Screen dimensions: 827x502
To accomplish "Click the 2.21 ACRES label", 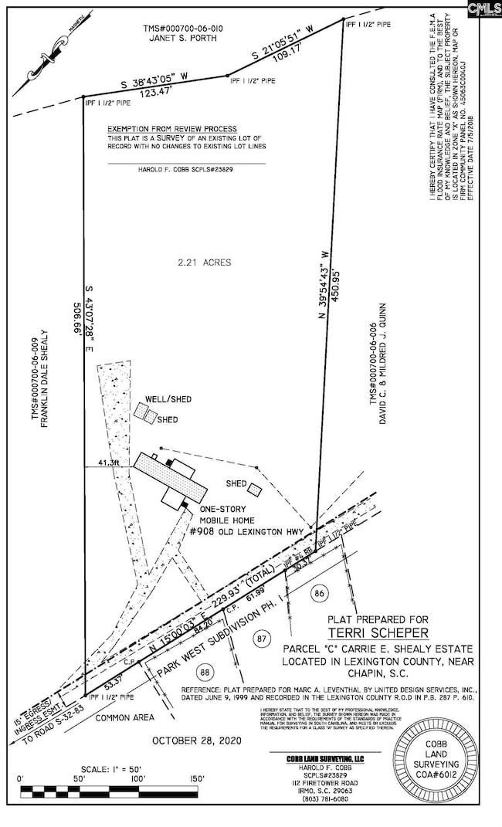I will click(x=205, y=263).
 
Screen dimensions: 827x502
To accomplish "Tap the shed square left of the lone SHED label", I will click(x=254, y=487).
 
